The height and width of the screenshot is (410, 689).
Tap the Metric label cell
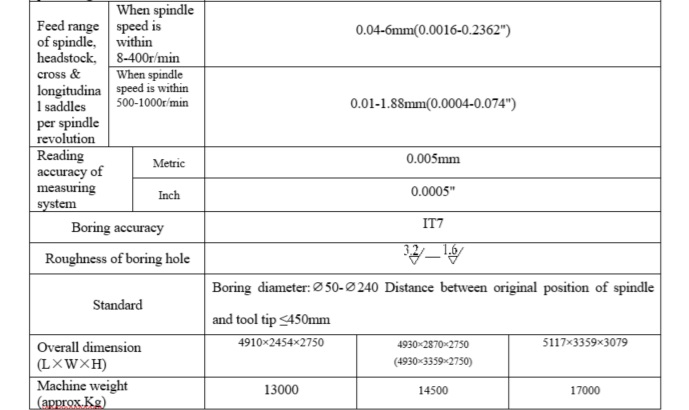coord(168,163)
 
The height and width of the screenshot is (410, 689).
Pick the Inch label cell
coord(168,195)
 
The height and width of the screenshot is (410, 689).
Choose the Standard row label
coord(118,304)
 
